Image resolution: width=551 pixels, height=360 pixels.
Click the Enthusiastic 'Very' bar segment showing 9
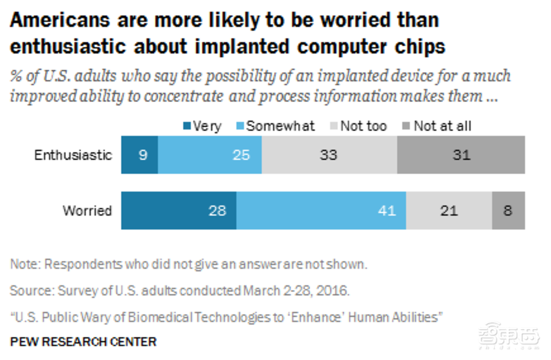click(139, 155)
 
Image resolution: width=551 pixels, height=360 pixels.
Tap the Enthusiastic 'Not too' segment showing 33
click(329, 155)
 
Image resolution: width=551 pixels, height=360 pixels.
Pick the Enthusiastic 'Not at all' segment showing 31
click(461, 155)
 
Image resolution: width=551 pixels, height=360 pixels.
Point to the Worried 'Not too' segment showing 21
click(449, 210)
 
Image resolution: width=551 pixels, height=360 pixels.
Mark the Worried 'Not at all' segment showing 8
click(508, 210)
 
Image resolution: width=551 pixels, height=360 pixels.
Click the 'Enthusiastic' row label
click(73, 155)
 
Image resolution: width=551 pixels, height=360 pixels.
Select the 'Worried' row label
click(87, 210)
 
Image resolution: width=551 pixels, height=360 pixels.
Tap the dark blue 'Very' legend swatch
click(187, 126)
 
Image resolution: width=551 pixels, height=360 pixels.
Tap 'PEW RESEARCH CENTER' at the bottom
click(83, 342)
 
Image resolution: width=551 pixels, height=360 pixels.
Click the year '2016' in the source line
click(334, 291)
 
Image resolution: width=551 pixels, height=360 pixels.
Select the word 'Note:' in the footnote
click(25, 264)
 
